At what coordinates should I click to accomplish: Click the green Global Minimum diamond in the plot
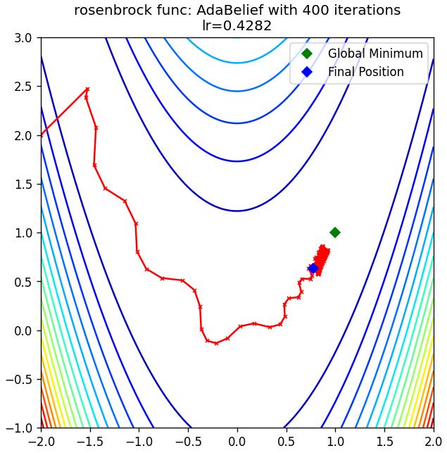click(335, 232)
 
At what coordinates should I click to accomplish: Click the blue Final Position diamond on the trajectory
click(313, 268)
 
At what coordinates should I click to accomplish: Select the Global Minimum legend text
click(375, 54)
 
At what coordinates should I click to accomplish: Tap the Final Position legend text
click(366, 72)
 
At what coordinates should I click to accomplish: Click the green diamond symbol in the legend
click(307, 54)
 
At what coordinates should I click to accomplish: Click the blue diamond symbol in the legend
click(307, 72)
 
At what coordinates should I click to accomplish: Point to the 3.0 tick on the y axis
click(23, 38)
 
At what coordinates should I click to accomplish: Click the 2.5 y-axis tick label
click(23, 87)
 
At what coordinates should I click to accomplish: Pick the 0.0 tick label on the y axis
click(23, 330)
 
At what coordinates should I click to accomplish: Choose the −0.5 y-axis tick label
click(19, 379)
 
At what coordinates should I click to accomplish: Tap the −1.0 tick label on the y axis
click(19, 428)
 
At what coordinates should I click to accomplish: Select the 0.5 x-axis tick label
click(287, 442)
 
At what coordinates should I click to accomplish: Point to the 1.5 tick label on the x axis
click(384, 442)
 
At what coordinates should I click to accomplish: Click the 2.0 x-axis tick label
click(433, 442)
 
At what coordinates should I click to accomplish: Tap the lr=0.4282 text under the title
click(237, 25)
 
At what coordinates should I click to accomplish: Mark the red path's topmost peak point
click(87, 89)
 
